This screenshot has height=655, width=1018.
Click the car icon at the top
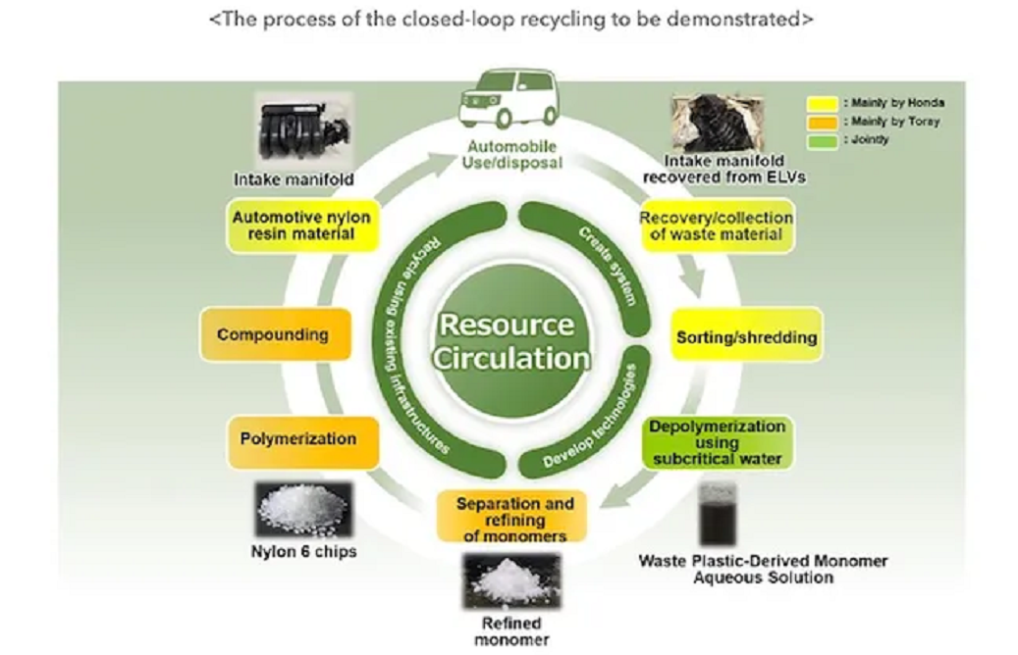[507, 101]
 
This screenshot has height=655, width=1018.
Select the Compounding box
[274, 334]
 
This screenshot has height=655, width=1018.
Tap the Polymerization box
[286, 438]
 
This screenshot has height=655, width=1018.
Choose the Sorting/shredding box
[746, 337]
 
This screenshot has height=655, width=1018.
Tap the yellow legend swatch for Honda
[823, 103]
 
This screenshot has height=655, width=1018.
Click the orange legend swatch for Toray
[823, 122]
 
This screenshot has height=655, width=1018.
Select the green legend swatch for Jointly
[823, 140]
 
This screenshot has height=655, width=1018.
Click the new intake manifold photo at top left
[295, 130]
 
